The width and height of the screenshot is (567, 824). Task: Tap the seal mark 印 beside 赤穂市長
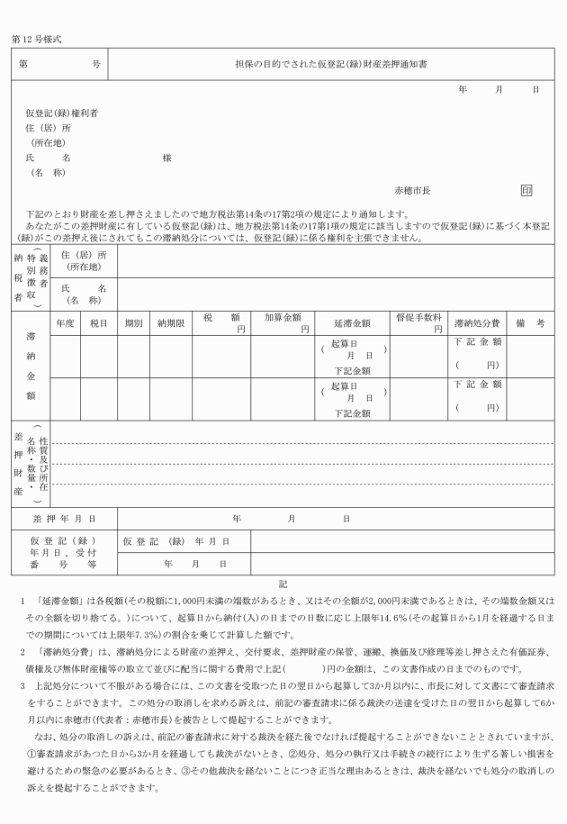[526, 190]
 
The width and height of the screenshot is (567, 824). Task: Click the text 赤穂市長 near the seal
[413, 191]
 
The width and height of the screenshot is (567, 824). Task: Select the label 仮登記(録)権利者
[62, 113]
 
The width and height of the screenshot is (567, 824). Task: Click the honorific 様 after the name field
[166, 158]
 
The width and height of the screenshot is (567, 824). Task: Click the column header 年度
[65, 321]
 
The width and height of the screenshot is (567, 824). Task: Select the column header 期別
[133, 321]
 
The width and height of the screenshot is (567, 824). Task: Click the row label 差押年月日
[64, 519]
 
